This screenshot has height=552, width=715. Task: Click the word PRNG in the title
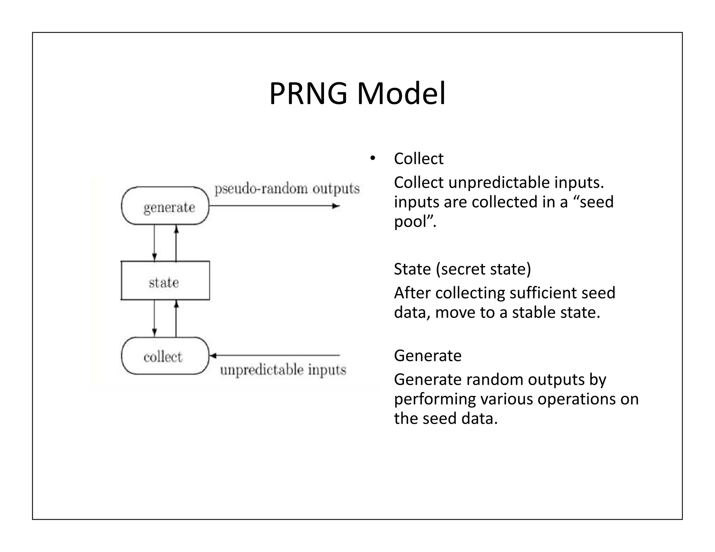tap(308, 94)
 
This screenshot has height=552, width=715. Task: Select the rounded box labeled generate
tap(165, 206)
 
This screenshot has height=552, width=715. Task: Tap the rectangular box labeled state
tap(165, 281)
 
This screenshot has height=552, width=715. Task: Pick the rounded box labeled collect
tap(165, 356)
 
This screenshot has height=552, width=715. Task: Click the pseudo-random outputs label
tap(287, 189)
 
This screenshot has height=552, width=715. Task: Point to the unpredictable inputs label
tap(283, 370)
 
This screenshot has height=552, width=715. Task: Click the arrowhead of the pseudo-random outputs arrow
tap(336, 206)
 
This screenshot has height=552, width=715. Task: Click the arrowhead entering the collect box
tap(213, 356)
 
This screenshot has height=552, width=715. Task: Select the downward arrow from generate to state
tap(154, 243)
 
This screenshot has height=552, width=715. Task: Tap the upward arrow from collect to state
tap(176, 318)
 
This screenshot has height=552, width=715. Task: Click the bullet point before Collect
tap(373, 158)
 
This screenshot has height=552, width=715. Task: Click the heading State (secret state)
tap(462, 269)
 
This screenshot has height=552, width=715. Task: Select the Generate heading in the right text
tap(428, 356)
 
